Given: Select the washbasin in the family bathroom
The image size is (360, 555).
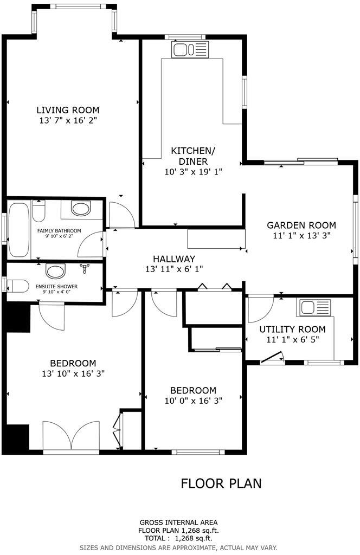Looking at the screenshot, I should pyautogui.click(x=81, y=209).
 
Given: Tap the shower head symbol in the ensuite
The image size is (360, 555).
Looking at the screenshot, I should pyautogui.click(x=84, y=268).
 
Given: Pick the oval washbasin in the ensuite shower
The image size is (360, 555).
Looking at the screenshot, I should pyautogui.click(x=55, y=270).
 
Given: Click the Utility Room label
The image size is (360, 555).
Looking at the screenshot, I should pyautogui.click(x=292, y=329).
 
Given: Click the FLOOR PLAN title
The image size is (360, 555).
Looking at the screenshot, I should pyautogui.click(x=221, y=483).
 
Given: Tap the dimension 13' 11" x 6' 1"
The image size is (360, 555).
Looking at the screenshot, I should pyautogui.click(x=173, y=269).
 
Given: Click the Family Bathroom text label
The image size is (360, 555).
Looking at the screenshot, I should pyautogui.click(x=59, y=231).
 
